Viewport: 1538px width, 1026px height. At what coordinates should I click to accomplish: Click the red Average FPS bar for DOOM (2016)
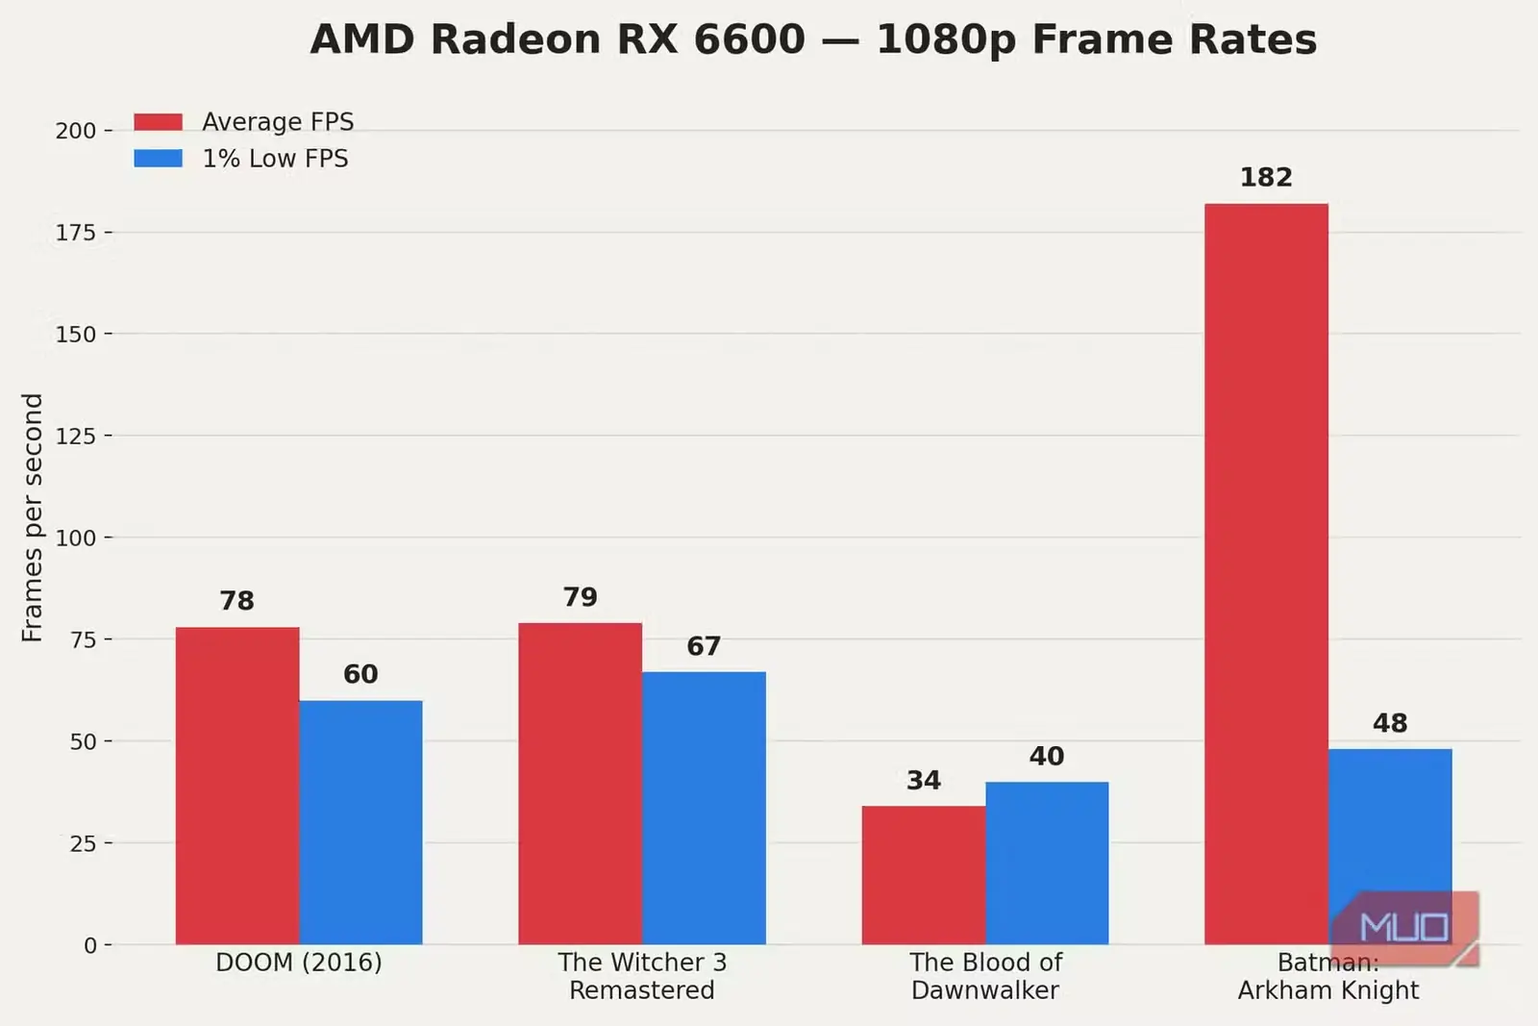tap(236, 786)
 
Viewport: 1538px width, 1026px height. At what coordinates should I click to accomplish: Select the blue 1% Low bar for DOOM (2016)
tap(360, 823)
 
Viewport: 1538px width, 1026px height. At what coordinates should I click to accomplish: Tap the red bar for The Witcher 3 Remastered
tap(581, 784)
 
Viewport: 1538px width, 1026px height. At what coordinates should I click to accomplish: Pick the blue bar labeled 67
tap(704, 809)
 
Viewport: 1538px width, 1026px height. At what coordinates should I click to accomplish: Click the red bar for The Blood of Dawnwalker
tap(924, 876)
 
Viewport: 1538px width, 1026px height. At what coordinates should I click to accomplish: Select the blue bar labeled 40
tap(1047, 863)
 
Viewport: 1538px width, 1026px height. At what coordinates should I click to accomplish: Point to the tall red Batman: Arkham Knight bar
tap(1266, 574)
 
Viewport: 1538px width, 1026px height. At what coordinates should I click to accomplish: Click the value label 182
tap(1266, 178)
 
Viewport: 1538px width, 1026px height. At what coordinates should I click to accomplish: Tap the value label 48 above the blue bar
tap(1390, 723)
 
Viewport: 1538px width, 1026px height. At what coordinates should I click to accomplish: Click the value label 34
tap(924, 780)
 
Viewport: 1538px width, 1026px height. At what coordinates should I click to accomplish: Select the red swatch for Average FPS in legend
tap(159, 122)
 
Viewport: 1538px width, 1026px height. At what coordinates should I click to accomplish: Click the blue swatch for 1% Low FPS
tap(159, 159)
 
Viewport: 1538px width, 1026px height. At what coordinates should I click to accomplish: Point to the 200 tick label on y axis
tap(76, 131)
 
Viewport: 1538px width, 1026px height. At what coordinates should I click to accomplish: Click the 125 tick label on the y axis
tap(76, 436)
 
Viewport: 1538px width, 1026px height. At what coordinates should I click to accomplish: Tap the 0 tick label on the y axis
tap(90, 945)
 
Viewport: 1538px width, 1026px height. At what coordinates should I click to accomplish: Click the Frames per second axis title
tap(33, 517)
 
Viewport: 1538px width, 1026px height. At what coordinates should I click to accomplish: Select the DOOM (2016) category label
tap(299, 963)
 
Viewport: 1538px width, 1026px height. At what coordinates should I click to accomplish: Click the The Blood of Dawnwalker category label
tap(986, 977)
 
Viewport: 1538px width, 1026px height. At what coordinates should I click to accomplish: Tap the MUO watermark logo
tap(1404, 929)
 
